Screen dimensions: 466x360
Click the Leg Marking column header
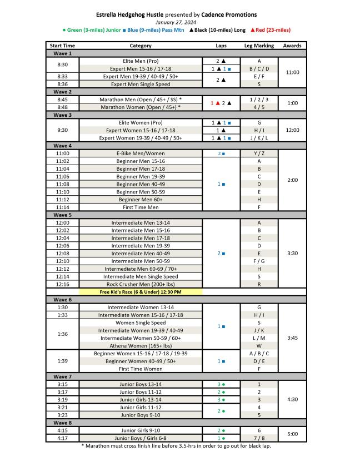tap(259, 46)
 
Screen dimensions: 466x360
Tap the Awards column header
tap(292, 46)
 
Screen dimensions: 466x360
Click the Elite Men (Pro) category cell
tap(141, 61)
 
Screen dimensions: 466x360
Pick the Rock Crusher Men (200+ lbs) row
tap(141, 284)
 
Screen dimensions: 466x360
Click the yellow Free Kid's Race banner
tap(141, 291)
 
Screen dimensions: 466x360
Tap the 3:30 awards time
tap(292, 253)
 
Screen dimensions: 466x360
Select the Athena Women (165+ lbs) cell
tap(141, 345)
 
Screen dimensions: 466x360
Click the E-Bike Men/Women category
tap(141, 153)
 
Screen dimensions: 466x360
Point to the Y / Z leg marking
tap(259, 153)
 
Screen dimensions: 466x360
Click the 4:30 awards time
tap(292, 399)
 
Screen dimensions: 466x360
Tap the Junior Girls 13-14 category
tap(141, 399)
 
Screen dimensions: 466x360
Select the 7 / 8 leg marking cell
tap(259, 438)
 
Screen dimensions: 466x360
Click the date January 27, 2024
tap(179, 22)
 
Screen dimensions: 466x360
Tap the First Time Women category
tap(141, 369)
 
